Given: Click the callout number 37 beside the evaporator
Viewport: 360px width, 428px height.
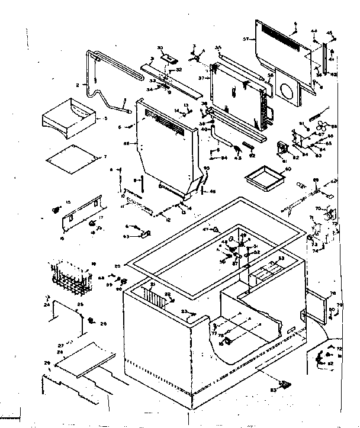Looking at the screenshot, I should point(201,78).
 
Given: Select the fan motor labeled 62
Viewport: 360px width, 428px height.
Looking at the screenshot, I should point(284,148).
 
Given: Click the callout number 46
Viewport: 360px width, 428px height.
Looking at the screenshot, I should point(213,191).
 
